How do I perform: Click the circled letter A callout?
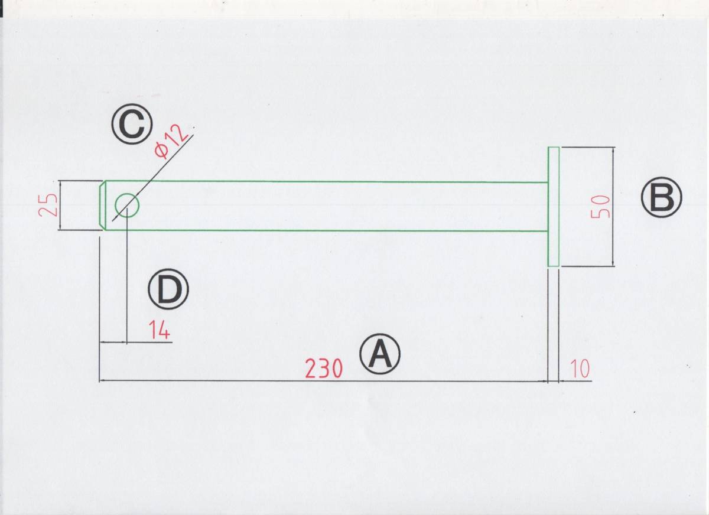point(380,354)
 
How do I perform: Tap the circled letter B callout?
point(661,198)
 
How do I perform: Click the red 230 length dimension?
point(323,369)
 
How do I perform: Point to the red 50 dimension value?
point(600,207)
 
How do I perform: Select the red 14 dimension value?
point(159,330)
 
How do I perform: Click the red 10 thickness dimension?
point(580,369)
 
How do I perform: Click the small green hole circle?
point(127,206)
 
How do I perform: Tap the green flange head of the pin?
point(554,207)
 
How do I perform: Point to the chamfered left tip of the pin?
point(102,206)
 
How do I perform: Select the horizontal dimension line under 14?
point(136,342)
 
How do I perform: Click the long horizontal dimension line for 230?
point(236,381)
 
